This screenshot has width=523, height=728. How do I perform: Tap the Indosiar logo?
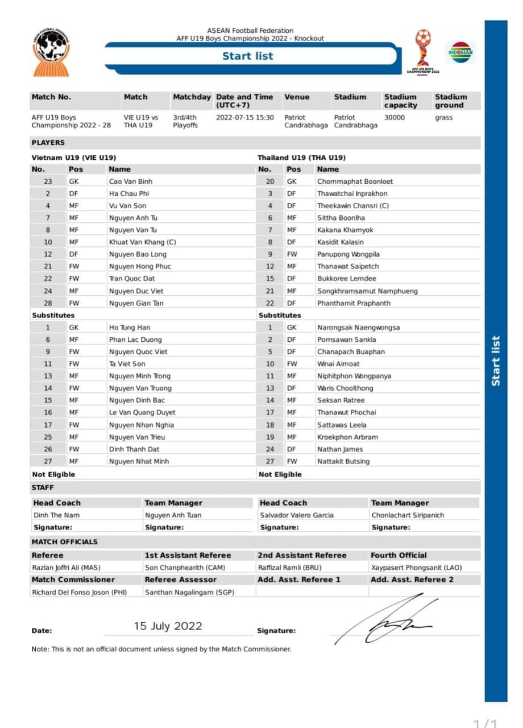click(x=460, y=52)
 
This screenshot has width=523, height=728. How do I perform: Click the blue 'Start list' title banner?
click(x=248, y=56)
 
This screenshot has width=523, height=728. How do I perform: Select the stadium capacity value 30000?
click(x=395, y=118)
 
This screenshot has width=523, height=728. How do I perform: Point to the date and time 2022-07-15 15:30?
click(x=245, y=118)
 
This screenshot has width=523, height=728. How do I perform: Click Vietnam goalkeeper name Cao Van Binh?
click(x=131, y=181)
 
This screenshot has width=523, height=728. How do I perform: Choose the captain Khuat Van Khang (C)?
click(x=143, y=242)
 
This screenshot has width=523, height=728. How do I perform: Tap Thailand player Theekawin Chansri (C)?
click(x=353, y=205)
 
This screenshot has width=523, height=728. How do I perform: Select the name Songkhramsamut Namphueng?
click(x=367, y=291)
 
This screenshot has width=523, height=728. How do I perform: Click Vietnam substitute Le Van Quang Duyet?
click(x=142, y=412)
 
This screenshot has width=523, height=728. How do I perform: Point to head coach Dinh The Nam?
click(x=57, y=515)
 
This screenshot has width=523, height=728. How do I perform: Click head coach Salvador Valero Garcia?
click(x=297, y=515)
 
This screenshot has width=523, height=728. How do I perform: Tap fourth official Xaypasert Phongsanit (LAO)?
click(x=416, y=568)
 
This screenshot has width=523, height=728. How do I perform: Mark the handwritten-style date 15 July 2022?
click(x=168, y=626)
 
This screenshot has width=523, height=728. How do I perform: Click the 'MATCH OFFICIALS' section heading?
click(x=65, y=542)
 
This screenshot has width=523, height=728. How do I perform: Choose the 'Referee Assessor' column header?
click(x=180, y=580)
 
